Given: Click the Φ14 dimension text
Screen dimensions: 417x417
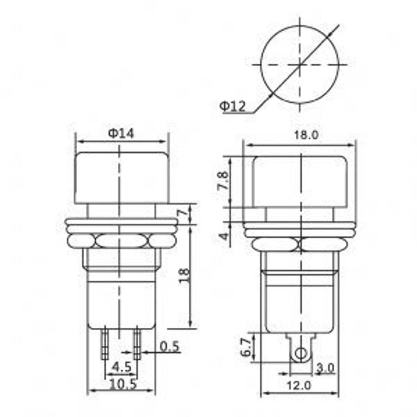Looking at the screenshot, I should click(x=121, y=133).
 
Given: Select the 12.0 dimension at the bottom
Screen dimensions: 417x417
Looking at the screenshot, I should click(x=300, y=386).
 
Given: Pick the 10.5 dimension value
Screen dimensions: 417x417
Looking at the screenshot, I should click(x=122, y=384).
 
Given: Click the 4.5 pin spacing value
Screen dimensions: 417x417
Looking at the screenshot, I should click(x=122, y=367).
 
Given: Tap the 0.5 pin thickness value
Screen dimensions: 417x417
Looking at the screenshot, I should click(x=169, y=346).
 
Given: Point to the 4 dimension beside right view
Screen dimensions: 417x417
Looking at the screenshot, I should click(x=225, y=236).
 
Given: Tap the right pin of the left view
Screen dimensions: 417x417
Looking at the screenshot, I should click(x=137, y=344).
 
